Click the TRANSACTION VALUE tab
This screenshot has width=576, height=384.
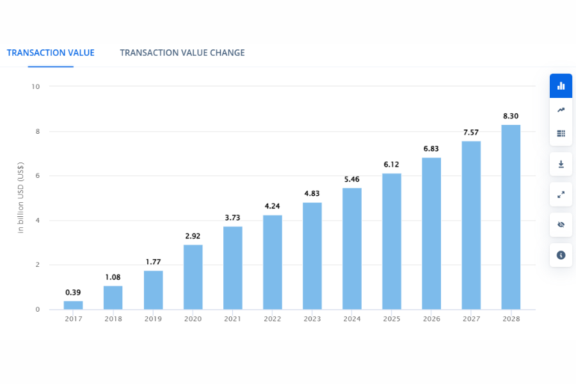pyautogui.click(x=51, y=52)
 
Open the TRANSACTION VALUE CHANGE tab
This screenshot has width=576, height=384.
pyautogui.click(x=182, y=52)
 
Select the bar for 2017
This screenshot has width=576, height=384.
pyautogui.click(x=74, y=305)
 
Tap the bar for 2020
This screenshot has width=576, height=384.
pyautogui.click(x=193, y=277)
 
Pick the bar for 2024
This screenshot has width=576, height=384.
pyautogui.click(x=352, y=249)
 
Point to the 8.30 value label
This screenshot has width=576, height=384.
pyautogui.click(x=511, y=116)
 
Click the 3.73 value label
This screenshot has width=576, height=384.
pyautogui.click(x=232, y=218)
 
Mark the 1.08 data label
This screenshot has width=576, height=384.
pyautogui.click(x=113, y=277)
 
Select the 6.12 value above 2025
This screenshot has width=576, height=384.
pyautogui.click(x=392, y=164)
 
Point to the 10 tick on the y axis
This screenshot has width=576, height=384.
pyautogui.click(x=36, y=86)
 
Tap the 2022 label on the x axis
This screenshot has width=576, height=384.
pyautogui.click(x=272, y=319)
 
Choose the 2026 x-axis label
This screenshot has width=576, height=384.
pyautogui.click(x=431, y=319)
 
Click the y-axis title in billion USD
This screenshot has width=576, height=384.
pyautogui.click(x=21, y=198)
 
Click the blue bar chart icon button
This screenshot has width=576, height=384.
pyautogui.click(x=561, y=86)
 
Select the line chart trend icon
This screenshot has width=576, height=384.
pyautogui.click(x=561, y=110)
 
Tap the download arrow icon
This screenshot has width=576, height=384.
pyautogui.click(x=561, y=164)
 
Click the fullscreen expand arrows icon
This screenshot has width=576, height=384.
pyautogui.click(x=561, y=195)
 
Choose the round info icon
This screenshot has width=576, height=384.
pyautogui.click(x=561, y=255)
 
